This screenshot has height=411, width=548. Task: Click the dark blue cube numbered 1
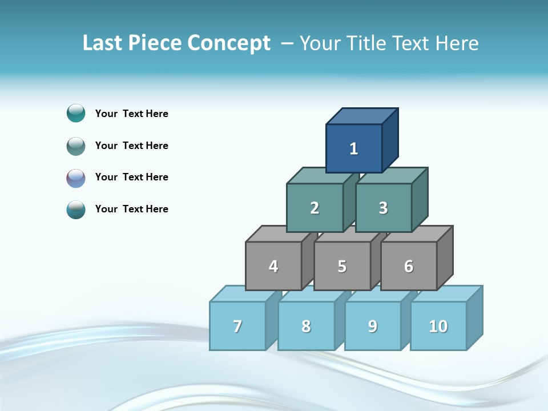[x=354, y=148]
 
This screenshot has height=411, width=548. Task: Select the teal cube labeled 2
[x=315, y=208]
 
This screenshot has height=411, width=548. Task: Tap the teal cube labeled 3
[x=383, y=208]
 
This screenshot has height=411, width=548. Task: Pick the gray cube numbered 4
[x=273, y=266]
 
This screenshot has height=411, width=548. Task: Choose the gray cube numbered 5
[x=342, y=266]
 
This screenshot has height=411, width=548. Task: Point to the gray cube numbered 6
[x=409, y=266]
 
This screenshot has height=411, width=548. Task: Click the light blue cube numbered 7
[x=237, y=326]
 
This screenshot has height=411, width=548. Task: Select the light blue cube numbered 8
[x=306, y=326]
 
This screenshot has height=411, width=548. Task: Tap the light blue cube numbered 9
[x=373, y=326]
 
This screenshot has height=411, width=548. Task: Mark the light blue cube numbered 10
[x=438, y=326]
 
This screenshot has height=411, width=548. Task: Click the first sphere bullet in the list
[x=76, y=113]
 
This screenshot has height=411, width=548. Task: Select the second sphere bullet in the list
[x=76, y=146]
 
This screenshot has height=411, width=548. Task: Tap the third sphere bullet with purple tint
[x=76, y=178]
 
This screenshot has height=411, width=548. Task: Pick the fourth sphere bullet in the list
[x=76, y=209]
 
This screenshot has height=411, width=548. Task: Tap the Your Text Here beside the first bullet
[x=132, y=114]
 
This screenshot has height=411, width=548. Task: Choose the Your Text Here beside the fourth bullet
[x=132, y=209]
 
